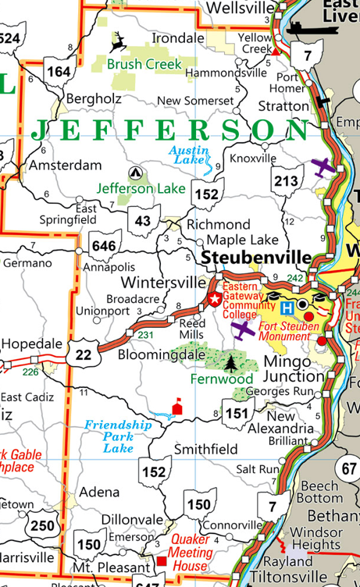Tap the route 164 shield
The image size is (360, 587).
click(x=58, y=72)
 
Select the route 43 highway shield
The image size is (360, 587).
click(x=142, y=221)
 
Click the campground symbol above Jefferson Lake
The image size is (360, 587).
click(x=136, y=173)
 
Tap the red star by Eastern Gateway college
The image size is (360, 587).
click(x=215, y=299)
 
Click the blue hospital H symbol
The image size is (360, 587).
click(x=287, y=308)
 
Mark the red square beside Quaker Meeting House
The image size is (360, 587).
click(x=162, y=561)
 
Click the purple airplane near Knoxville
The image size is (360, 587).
click(x=323, y=166)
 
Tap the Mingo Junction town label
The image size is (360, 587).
click(x=291, y=370)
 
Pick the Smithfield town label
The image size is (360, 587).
click(x=205, y=450)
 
